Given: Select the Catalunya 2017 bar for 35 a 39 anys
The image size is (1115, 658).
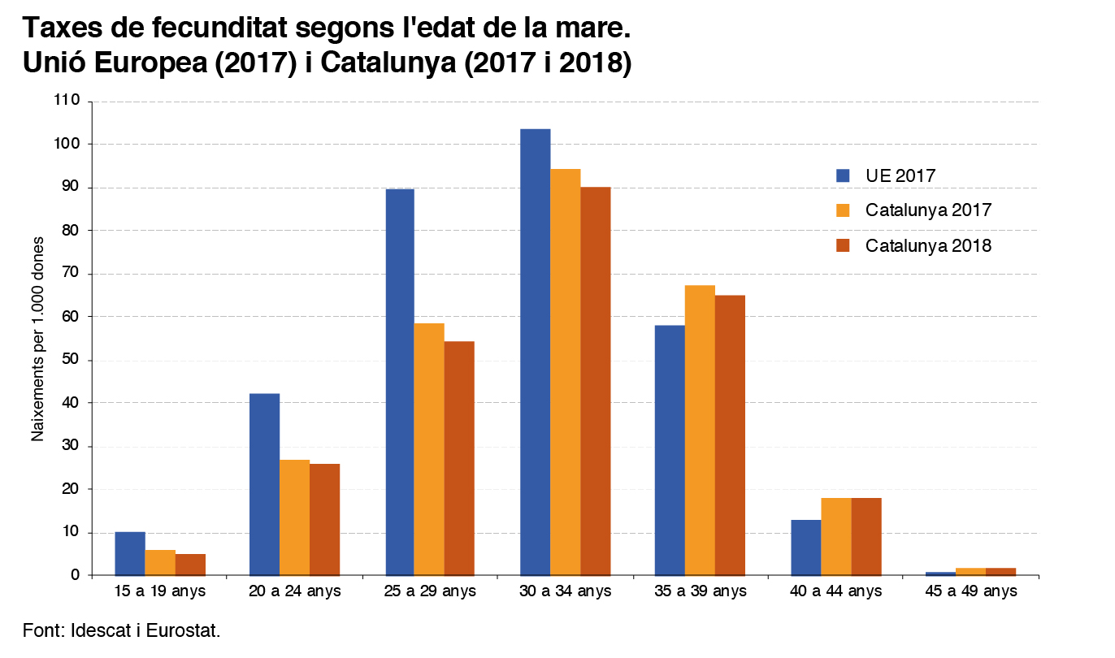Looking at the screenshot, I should (x=700, y=430).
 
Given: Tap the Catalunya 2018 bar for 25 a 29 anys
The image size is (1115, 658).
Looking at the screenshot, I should (x=459, y=458).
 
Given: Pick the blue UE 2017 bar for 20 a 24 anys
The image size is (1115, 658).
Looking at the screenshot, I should (x=264, y=484).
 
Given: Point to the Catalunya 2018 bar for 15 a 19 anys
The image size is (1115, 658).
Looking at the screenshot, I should (x=190, y=565).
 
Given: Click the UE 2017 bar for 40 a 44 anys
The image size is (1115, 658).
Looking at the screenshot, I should (x=805, y=548).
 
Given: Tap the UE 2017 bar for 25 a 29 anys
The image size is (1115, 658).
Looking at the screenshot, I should (x=399, y=382).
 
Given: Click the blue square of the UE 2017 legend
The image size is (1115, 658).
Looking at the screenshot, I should (x=843, y=175).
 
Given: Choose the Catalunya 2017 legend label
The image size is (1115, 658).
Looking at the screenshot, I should (x=928, y=210).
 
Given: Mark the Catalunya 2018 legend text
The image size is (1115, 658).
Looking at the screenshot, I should (x=928, y=245).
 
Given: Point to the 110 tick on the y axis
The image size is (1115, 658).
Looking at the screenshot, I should (x=67, y=101).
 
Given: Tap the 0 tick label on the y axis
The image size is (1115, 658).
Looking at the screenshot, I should (x=76, y=575).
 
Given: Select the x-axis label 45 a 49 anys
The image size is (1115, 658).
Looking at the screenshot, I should (x=970, y=591).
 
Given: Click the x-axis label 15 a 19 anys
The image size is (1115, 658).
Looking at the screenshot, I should (x=159, y=591).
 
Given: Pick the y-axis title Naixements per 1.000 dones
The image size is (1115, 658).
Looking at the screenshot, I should (x=37, y=339).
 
